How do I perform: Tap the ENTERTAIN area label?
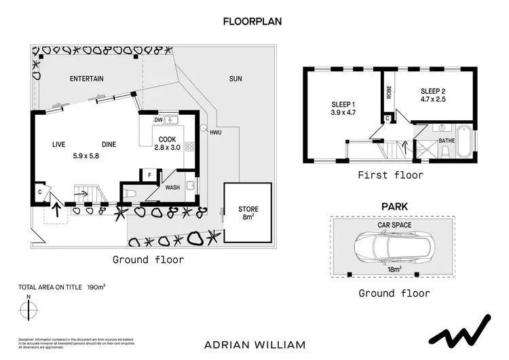(x=87, y=79)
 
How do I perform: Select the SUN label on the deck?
(x=235, y=79)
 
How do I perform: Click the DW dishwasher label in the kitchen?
(x=158, y=120)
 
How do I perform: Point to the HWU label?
(x=216, y=132)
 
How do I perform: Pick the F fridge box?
(x=149, y=175)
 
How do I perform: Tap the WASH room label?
(x=172, y=187)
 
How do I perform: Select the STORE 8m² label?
(x=248, y=213)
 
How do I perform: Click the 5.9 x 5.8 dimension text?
(x=86, y=156)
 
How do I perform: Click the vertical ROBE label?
(x=389, y=92)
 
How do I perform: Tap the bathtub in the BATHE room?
(x=465, y=142)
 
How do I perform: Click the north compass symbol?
(x=29, y=309)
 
